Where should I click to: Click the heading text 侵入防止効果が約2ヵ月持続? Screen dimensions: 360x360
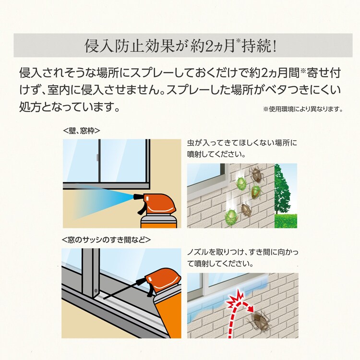[180, 46]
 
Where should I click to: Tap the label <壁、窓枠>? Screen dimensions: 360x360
[82, 131]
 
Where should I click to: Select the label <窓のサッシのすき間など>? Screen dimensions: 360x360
[107, 240]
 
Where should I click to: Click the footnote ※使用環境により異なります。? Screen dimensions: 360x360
[303, 109]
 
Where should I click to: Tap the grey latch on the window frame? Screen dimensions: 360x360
[97, 157]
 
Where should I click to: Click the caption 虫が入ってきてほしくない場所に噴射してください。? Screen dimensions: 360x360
[242, 148]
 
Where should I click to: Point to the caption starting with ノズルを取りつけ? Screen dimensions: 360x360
[242, 258]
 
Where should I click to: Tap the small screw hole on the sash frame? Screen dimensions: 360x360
[96, 291]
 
